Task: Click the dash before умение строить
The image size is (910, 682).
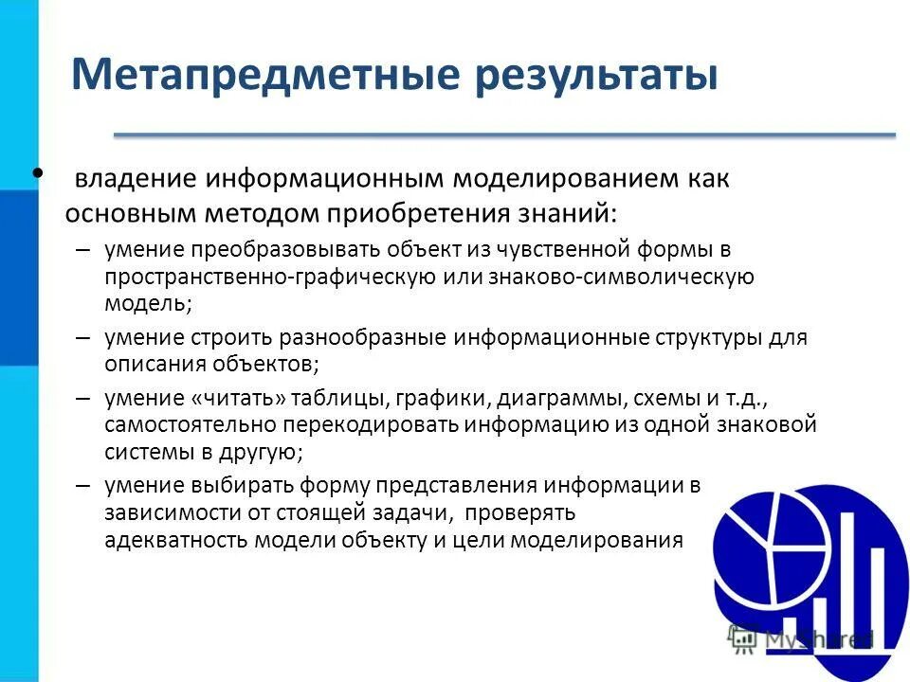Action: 82,337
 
